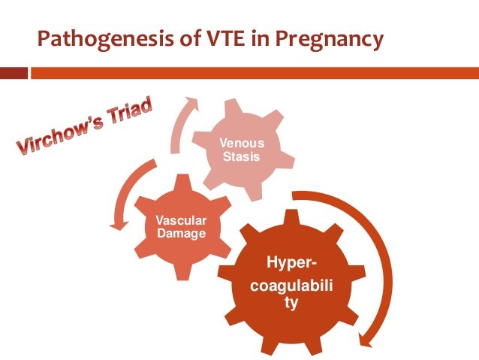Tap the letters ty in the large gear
(287, 304)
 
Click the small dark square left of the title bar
(14, 74)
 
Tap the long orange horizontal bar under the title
(248, 74)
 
